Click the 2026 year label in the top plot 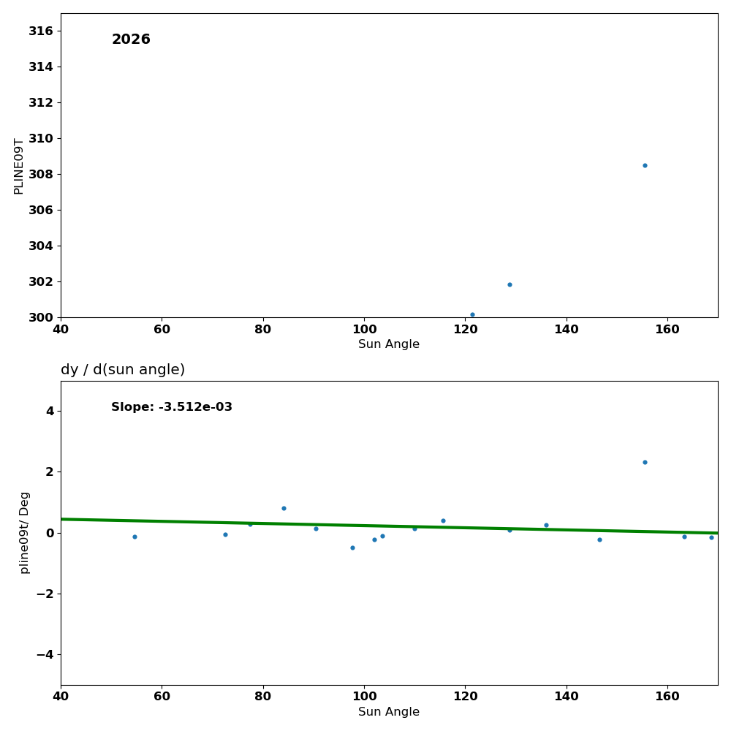click(x=131, y=40)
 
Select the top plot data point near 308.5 click(x=645, y=165)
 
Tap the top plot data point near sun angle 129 click(x=510, y=284)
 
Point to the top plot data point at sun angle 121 click(x=472, y=314)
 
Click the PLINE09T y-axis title click(x=19, y=166)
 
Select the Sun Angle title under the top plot click(x=389, y=344)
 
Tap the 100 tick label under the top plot click(x=364, y=330)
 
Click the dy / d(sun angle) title click(x=123, y=370)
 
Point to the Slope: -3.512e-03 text click(x=172, y=407)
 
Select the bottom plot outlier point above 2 click(x=645, y=462)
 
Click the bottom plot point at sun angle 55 click(x=135, y=537)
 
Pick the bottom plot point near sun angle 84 click(x=284, y=508)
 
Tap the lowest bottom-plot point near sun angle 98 click(x=352, y=548)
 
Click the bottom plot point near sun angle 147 click(x=599, y=539)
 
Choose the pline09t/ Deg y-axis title click(x=25, y=532)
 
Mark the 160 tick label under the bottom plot click(x=667, y=697)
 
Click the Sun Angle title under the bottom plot click(x=389, y=712)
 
